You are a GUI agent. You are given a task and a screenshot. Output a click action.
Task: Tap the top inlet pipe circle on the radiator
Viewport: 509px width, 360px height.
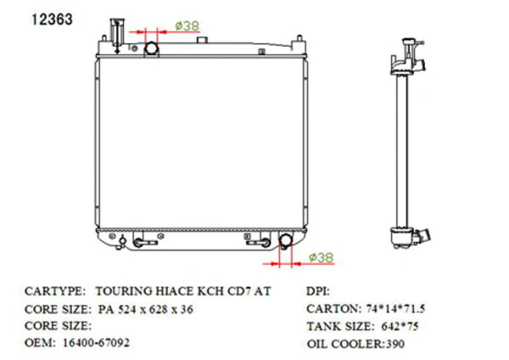(154, 46)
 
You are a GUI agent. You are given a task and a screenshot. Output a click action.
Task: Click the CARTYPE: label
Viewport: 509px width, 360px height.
(56, 290)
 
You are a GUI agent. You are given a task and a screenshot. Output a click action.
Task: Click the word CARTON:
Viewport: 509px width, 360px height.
(333, 308)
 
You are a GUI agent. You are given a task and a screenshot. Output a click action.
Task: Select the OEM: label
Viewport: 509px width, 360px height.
(40, 343)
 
